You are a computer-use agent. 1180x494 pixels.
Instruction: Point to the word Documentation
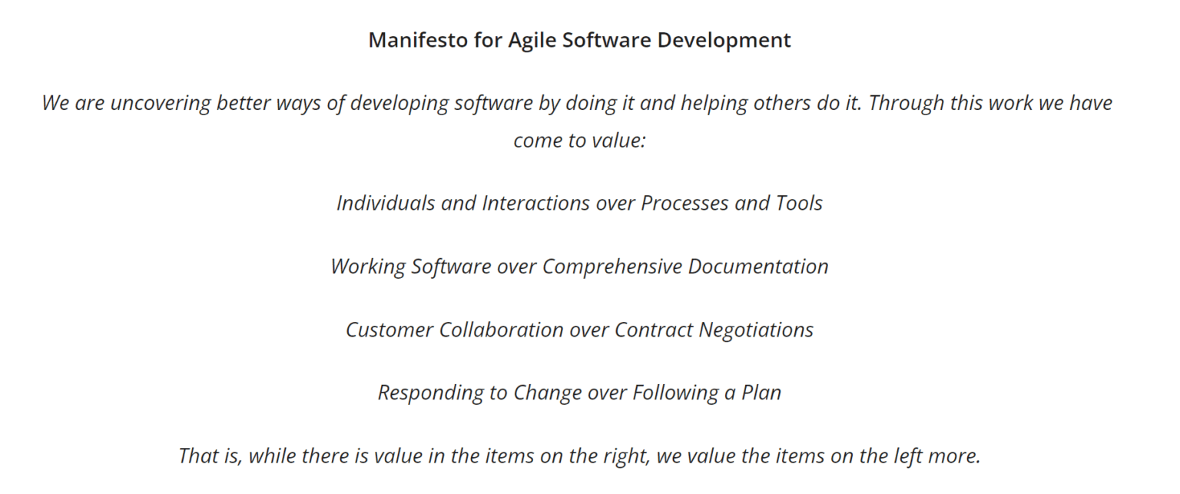tap(758, 267)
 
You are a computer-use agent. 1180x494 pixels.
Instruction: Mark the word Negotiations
tap(756, 330)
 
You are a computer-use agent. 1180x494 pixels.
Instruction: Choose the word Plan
tap(761, 393)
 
